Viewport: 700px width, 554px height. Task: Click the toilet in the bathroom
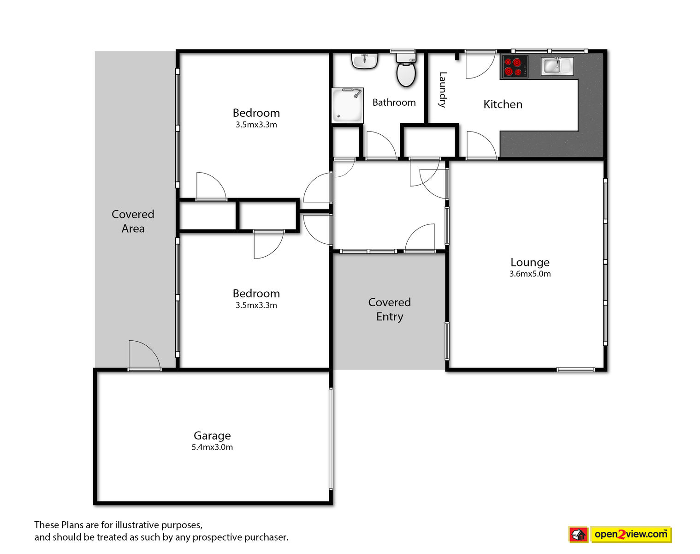click(x=406, y=70)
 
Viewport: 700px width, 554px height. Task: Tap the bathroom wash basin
click(x=365, y=61)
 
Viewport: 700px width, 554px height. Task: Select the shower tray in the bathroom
click(x=347, y=106)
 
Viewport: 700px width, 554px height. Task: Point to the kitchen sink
click(x=557, y=66)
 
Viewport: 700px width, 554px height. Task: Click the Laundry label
click(x=443, y=90)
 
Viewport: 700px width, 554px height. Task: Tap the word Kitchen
click(x=503, y=104)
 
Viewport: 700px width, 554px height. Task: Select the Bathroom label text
click(x=394, y=102)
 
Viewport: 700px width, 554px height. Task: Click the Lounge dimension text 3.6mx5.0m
click(x=530, y=274)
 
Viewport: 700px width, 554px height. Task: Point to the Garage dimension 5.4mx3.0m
click(x=212, y=447)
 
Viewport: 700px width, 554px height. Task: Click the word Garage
click(x=212, y=435)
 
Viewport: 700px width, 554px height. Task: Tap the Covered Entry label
click(x=389, y=309)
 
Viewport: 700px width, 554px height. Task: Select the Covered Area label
click(x=133, y=221)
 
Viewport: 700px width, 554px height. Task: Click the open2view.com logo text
click(x=631, y=534)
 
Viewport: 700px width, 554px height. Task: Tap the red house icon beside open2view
click(x=578, y=535)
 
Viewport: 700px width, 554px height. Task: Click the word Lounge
click(x=530, y=262)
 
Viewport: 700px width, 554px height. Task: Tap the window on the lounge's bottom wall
click(x=575, y=369)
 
